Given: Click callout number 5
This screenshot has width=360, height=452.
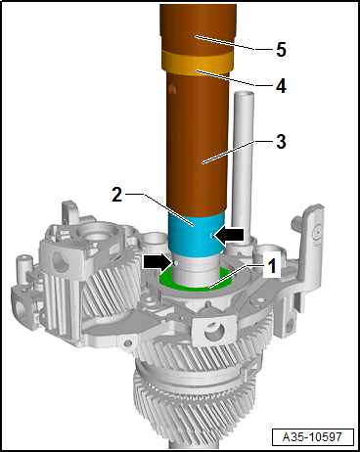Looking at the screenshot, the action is (281, 50).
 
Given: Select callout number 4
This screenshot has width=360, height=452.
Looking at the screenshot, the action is (281, 86).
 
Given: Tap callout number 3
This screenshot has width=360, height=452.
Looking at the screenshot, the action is (281, 142).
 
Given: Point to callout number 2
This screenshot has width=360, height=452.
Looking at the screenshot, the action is (116, 195).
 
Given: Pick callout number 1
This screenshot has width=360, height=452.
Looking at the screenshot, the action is (272, 266).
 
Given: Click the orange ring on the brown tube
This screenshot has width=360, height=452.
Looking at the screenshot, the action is (198, 63).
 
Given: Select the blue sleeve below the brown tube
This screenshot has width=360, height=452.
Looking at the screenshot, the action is (197, 234).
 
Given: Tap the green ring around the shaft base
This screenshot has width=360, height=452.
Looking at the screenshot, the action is (196, 281).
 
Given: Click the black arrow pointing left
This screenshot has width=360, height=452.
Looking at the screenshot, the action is (229, 235).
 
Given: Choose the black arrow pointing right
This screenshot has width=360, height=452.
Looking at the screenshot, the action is (157, 262).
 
